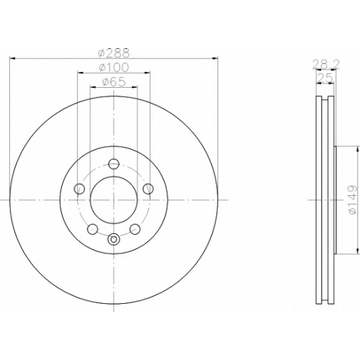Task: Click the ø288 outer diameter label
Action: point(114,53)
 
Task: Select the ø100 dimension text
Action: point(114,68)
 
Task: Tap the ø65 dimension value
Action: point(114,82)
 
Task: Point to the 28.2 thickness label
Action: point(326,64)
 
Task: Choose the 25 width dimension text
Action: point(325,78)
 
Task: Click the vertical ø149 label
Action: point(352,199)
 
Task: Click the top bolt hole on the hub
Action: point(114,164)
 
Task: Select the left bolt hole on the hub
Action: point(80,189)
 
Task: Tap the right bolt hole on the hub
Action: point(148,189)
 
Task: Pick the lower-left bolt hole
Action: point(93,229)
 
